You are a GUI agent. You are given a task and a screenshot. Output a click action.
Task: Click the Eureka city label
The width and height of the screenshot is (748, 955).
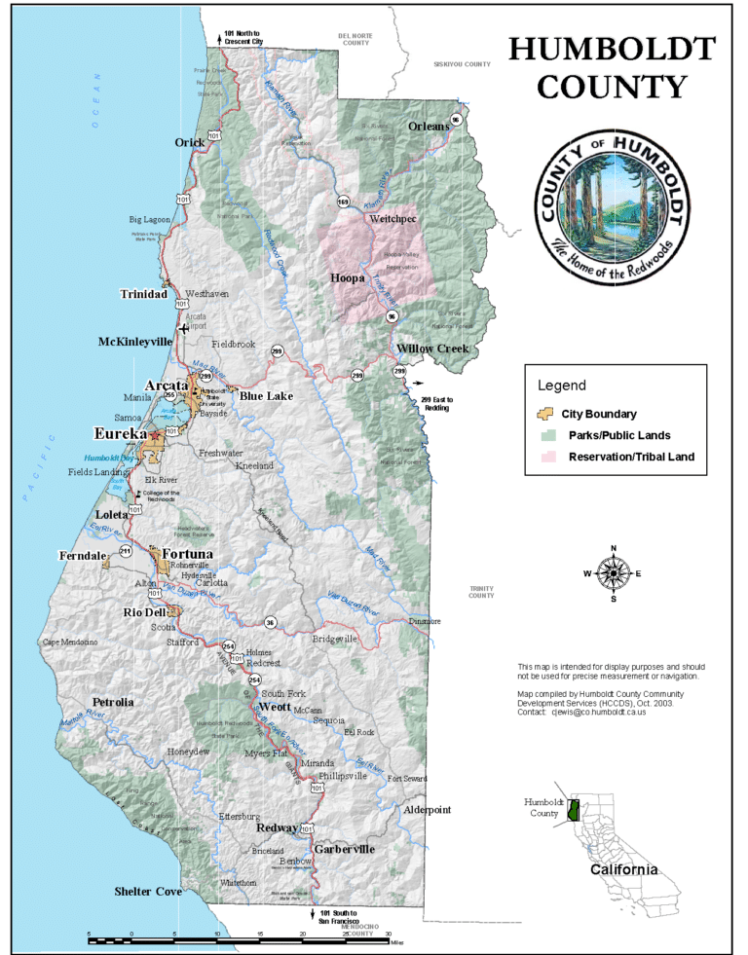pyautogui.click(x=121, y=433)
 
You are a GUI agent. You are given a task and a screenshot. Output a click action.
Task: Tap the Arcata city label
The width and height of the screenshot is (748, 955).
pyautogui.click(x=166, y=385)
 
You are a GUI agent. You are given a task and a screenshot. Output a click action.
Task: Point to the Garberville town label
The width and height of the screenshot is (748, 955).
pyautogui.click(x=344, y=849)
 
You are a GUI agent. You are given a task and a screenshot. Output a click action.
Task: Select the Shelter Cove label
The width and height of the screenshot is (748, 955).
pyautogui.click(x=148, y=891)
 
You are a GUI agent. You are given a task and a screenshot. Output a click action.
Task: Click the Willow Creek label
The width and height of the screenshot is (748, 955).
pyautogui.click(x=432, y=349)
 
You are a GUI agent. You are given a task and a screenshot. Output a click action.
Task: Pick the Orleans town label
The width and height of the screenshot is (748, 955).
pyautogui.click(x=429, y=127)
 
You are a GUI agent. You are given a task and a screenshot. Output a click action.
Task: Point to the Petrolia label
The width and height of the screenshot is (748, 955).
pyautogui.click(x=113, y=702)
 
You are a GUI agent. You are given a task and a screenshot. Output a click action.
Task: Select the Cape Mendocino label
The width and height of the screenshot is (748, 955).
pyautogui.click(x=70, y=643)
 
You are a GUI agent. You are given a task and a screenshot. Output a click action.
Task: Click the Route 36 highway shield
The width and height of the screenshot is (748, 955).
pyautogui.click(x=270, y=622)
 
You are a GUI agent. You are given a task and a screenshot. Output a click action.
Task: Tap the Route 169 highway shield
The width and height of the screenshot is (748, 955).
pyautogui.click(x=344, y=202)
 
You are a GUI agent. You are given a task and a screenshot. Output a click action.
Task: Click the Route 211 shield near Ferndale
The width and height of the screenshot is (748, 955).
pyautogui.click(x=126, y=551)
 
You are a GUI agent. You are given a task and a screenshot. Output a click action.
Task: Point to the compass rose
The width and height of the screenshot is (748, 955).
pyautogui.click(x=613, y=573)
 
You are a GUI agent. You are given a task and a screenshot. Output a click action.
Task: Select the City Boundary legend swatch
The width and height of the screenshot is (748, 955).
pyautogui.click(x=545, y=414)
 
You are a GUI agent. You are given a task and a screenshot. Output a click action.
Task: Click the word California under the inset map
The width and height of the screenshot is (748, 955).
pyautogui.click(x=623, y=869)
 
